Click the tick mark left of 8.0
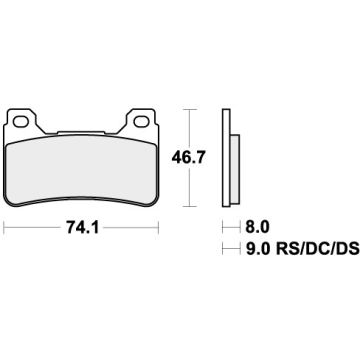coord(224,227)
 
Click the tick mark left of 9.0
coord(224,248)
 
